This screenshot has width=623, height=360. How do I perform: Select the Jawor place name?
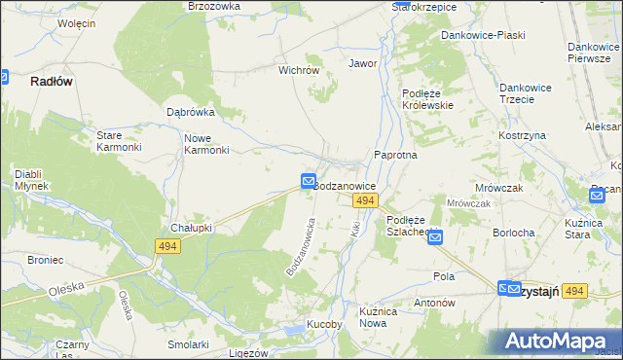[362, 63]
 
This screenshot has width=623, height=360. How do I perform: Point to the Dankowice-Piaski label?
[483, 35]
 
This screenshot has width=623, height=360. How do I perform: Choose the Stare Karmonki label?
[119, 141]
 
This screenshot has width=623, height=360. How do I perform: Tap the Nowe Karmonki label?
[206, 144]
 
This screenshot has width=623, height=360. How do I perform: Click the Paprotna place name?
[395, 155]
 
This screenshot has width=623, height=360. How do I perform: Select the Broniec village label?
[45, 260]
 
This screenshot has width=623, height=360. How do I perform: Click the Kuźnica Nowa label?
[380, 317]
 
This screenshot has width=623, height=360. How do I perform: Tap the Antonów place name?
[434, 303]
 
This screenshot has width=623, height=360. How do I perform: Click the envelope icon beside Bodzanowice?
[308, 181]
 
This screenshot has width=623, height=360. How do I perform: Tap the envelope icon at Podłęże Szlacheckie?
[435, 236]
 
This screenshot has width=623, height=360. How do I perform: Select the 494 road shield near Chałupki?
[166, 247]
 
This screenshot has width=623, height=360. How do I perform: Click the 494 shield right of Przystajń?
[575, 291]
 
